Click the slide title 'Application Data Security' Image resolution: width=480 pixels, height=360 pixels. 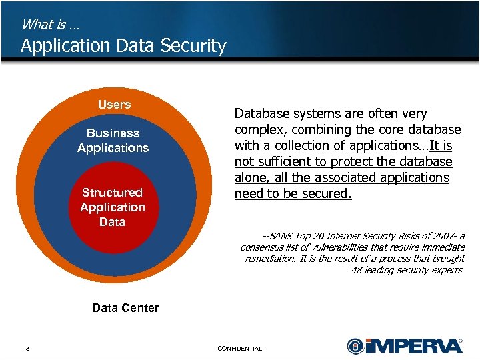tap(123, 46)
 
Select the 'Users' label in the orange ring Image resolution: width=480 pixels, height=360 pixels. tap(114, 105)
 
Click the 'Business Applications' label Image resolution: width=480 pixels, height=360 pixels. tap(113, 141)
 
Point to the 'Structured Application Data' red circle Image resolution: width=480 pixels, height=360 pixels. tap(112, 207)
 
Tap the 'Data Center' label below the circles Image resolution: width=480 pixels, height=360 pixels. tap(125, 308)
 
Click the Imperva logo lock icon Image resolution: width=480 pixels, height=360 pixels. tap(355, 346)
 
